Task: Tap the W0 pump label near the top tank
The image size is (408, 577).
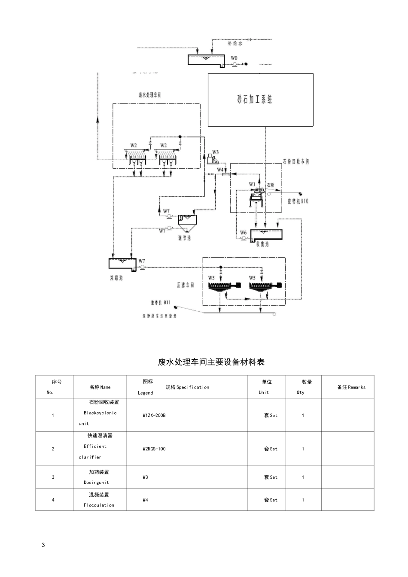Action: coord(234,58)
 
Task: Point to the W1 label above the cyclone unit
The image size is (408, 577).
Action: coord(252,184)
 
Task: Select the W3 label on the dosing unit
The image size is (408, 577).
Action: coord(215,152)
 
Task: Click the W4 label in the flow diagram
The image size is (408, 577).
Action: coord(220,170)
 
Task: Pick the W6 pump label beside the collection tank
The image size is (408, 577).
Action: coord(243,233)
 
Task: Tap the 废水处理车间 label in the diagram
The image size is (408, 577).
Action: coord(149,95)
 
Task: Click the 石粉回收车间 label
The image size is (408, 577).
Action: coord(296,162)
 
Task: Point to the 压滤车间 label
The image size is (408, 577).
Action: coord(185,285)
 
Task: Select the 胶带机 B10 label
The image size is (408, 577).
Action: coord(298,201)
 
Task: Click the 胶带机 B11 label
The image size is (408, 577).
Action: coord(161,302)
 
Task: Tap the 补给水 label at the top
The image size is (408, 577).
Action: coord(235,44)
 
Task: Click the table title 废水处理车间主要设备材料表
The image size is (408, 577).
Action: coord(211,362)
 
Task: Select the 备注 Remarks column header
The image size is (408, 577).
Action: coord(351,387)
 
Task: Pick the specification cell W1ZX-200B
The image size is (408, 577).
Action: coord(154,416)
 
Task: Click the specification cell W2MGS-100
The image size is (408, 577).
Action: coord(154,449)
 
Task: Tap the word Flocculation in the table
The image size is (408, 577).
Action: coord(99,505)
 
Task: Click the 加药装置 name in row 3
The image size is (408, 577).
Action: coord(99,472)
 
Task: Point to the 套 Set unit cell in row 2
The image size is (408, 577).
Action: coord(271,449)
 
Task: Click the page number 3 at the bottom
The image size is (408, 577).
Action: coord(43,545)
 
